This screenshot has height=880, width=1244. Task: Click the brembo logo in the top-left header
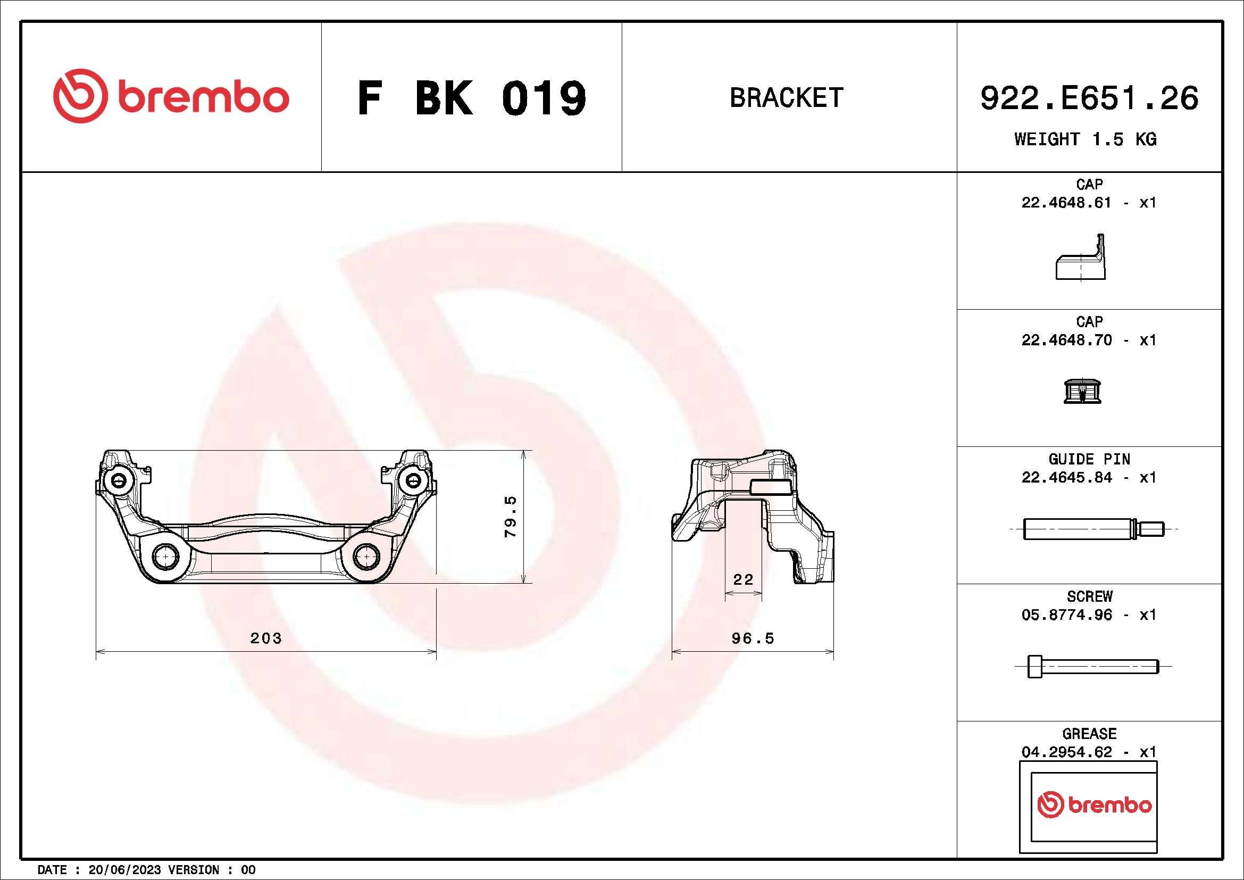point(171,96)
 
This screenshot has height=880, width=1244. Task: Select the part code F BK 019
point(471,98)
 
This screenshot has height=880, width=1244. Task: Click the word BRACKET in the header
point(786,97)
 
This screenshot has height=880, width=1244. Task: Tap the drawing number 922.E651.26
point(1089,98)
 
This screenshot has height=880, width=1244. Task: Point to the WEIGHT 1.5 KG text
point(1086,139)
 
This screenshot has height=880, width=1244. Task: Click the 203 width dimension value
point(266,638)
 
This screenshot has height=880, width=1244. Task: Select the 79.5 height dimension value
point(511,517)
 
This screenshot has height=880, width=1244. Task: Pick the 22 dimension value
point(743,579)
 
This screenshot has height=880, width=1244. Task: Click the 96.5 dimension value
point(753,638)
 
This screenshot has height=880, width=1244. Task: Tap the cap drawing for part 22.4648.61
point(1080,258)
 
